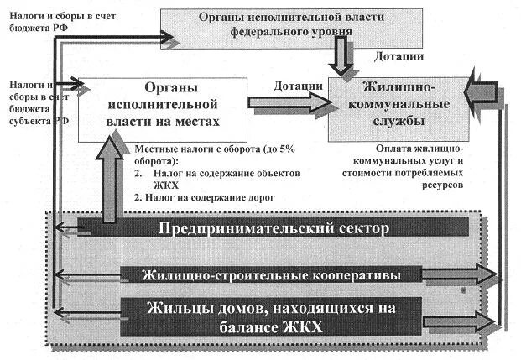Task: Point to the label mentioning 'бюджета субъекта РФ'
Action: coord(38,102)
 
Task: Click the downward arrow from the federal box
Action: coord(342,58)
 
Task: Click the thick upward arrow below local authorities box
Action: coord(108,176)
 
